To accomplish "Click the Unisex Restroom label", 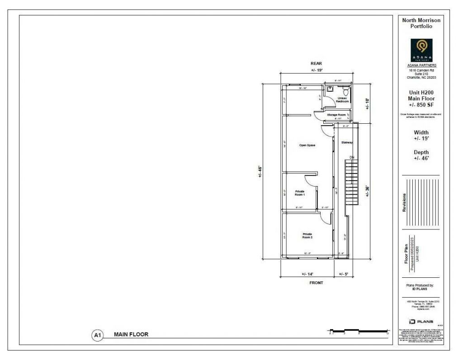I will click(x=342, y=99).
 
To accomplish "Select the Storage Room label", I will click(x=336, y=115).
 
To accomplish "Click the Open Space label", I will click(x=307, y=145).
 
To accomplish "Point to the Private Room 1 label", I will click(x=300, y=193).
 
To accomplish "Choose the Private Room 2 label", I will click(x=307, y=235).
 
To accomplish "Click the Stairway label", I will click(x=347, y=142).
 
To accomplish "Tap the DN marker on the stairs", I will click(x=351, y=157).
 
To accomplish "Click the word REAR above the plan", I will click(x=316, y=63).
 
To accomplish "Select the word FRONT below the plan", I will click(x=316, y=283).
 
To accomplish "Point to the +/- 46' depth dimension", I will click(x=260, y=171).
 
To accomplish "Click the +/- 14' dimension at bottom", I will click(x=307, y=274).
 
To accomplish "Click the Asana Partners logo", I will click(x=421, y=50).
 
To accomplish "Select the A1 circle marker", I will click(x=97, y=335).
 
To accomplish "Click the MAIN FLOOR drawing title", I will click(x=131, y=334).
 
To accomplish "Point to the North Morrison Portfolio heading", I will click(x=421, y=23).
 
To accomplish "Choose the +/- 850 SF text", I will click(x=421, y=105).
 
